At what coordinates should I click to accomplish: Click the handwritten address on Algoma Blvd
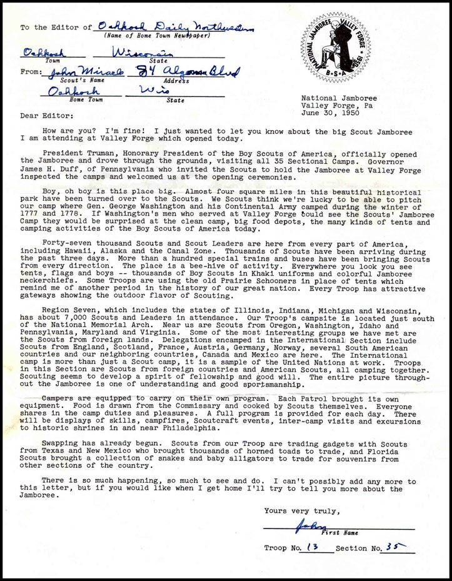(186, 74)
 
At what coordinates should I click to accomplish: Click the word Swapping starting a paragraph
(63, 442)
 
